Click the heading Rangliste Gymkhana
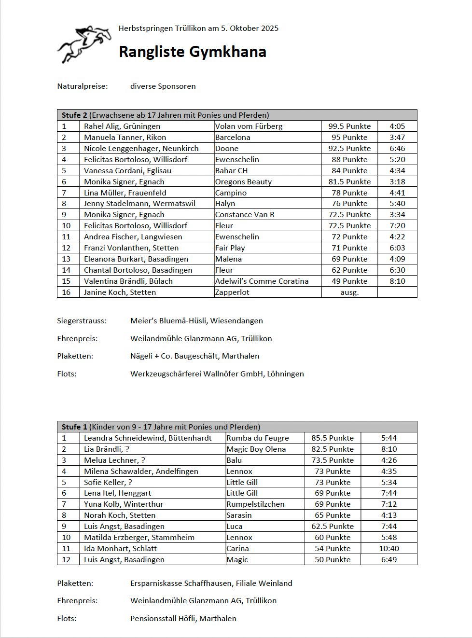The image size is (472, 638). pyautogui.click(x=192, y=52)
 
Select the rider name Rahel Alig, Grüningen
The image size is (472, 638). pyautogui.click(x=122, y=126)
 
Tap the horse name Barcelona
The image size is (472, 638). pyautogui.click(x=233, y=138)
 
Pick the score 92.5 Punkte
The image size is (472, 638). pyautogui.click(x=349, y=149)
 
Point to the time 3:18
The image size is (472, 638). pyautogui.click(x=397, y=182)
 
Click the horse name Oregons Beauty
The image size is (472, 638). pyautogui.click(x=243, y=182)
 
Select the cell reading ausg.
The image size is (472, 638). pyautogui.click(x=349, y=292)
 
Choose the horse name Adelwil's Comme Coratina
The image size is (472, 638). pyautogui.click(x=262, y=281)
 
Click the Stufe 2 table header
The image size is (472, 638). pyautogui.click(x=165, y=115)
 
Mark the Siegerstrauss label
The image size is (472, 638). pyautogui.click(x=82, y=321)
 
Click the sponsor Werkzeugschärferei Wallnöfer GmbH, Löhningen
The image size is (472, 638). pyautogui.click(x=217, y=374)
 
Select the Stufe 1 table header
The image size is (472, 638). pyautogui.click(x=161, y=427)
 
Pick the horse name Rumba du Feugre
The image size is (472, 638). pyautogui.click(x=258, y=438)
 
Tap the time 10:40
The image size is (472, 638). pyautogui.click(x=389, y=549)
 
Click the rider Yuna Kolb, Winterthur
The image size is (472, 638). pyautogui.click(x=124, y=504)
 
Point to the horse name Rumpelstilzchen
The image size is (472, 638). pyautogui.click(x=255, y=504)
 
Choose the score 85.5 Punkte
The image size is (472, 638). pyautogui.click(x=333, y=438)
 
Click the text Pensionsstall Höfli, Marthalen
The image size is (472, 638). pyautogui.click(x=183, y=619)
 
